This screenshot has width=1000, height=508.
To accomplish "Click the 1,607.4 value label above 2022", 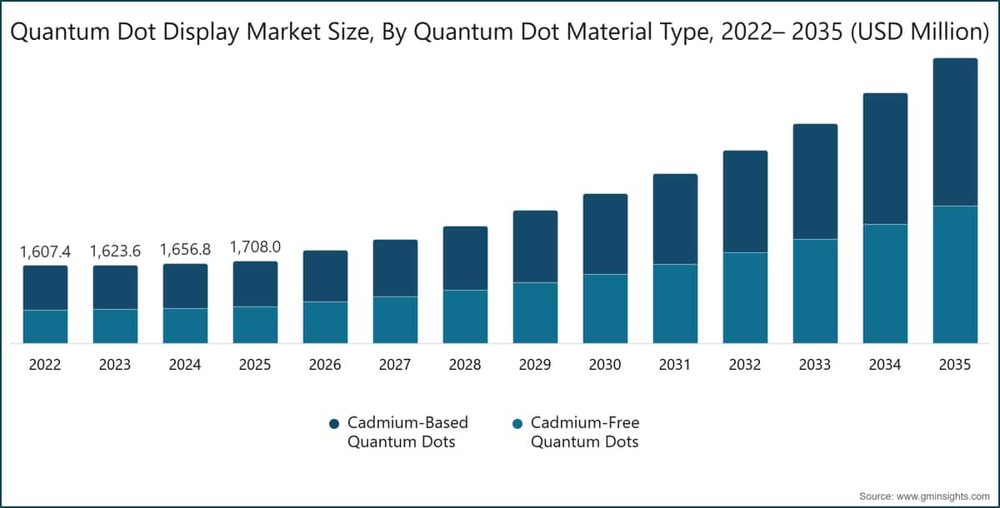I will [45, 251].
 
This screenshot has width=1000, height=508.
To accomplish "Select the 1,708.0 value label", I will [255, 247].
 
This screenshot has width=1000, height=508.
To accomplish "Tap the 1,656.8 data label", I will [185, 249].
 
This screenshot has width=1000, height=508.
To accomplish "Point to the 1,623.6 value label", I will [115, 251].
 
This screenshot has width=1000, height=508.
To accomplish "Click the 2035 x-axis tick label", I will [954, 366].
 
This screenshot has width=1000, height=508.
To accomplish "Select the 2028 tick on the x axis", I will [464, 366].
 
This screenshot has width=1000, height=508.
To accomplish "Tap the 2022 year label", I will [45, 366].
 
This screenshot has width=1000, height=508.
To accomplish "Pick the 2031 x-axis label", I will [674, 366].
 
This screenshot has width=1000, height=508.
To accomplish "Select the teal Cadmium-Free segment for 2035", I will [954, 274].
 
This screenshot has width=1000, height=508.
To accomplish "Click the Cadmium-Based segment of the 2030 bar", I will [605, 234].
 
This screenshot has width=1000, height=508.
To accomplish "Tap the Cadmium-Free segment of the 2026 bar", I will [325, 322].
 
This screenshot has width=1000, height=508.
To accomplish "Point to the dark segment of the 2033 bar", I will [814, 182].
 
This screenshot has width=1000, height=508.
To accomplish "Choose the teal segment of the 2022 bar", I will [45, 326].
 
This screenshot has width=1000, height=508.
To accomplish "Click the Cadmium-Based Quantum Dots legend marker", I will [334, 424].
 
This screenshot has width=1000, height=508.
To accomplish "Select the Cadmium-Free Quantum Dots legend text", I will [584, 432].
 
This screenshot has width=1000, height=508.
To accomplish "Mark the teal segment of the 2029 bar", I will [535, 312].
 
